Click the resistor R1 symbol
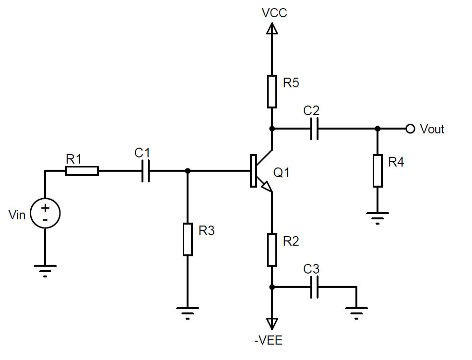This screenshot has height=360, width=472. pos(82,171)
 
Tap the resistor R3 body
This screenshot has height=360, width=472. pos(188,239)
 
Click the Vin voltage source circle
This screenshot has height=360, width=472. pos(45,214)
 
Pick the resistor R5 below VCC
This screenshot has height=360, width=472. pos(272,91)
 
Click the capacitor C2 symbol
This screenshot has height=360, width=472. pos(315,129)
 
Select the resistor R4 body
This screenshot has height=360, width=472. pos(378,170)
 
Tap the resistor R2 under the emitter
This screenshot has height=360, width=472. pos(272,250)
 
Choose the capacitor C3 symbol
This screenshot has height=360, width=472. pos(315,287)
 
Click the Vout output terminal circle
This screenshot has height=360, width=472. pos(410,129)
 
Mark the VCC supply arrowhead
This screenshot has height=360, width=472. pos(272,30)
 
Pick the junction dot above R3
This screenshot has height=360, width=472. pos(188,171)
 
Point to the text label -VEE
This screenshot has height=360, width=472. pos(269,342)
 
